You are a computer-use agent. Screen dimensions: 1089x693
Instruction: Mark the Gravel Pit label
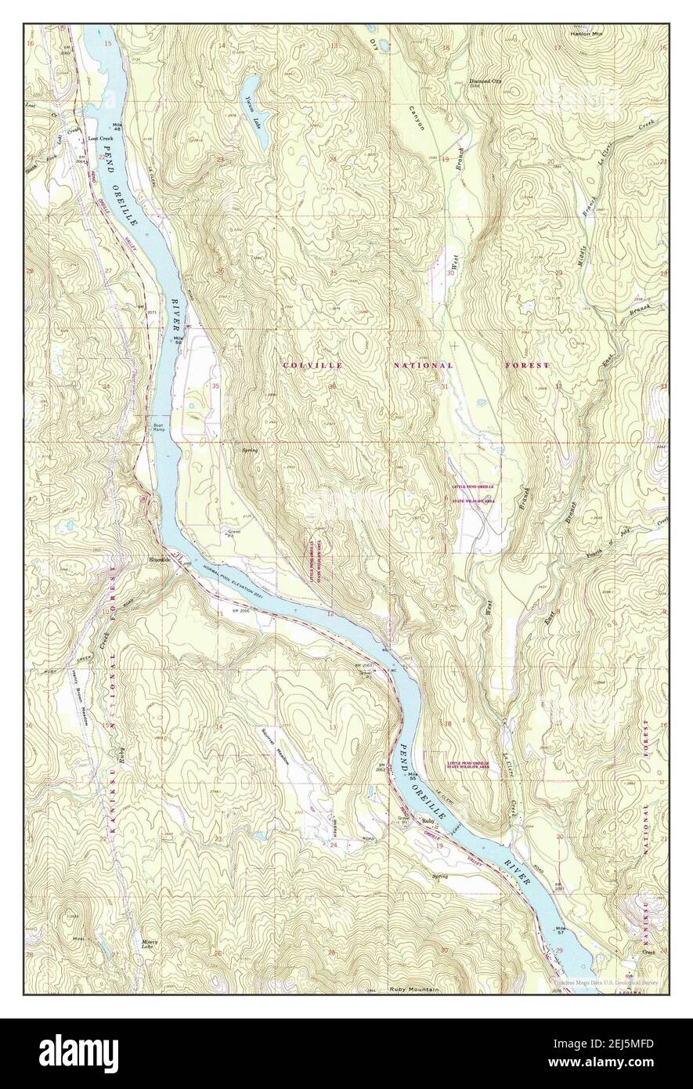pos(233,534)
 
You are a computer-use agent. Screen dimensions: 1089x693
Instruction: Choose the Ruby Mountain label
pos(414,990)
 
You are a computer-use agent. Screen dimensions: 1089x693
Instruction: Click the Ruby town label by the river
pos(428,820)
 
